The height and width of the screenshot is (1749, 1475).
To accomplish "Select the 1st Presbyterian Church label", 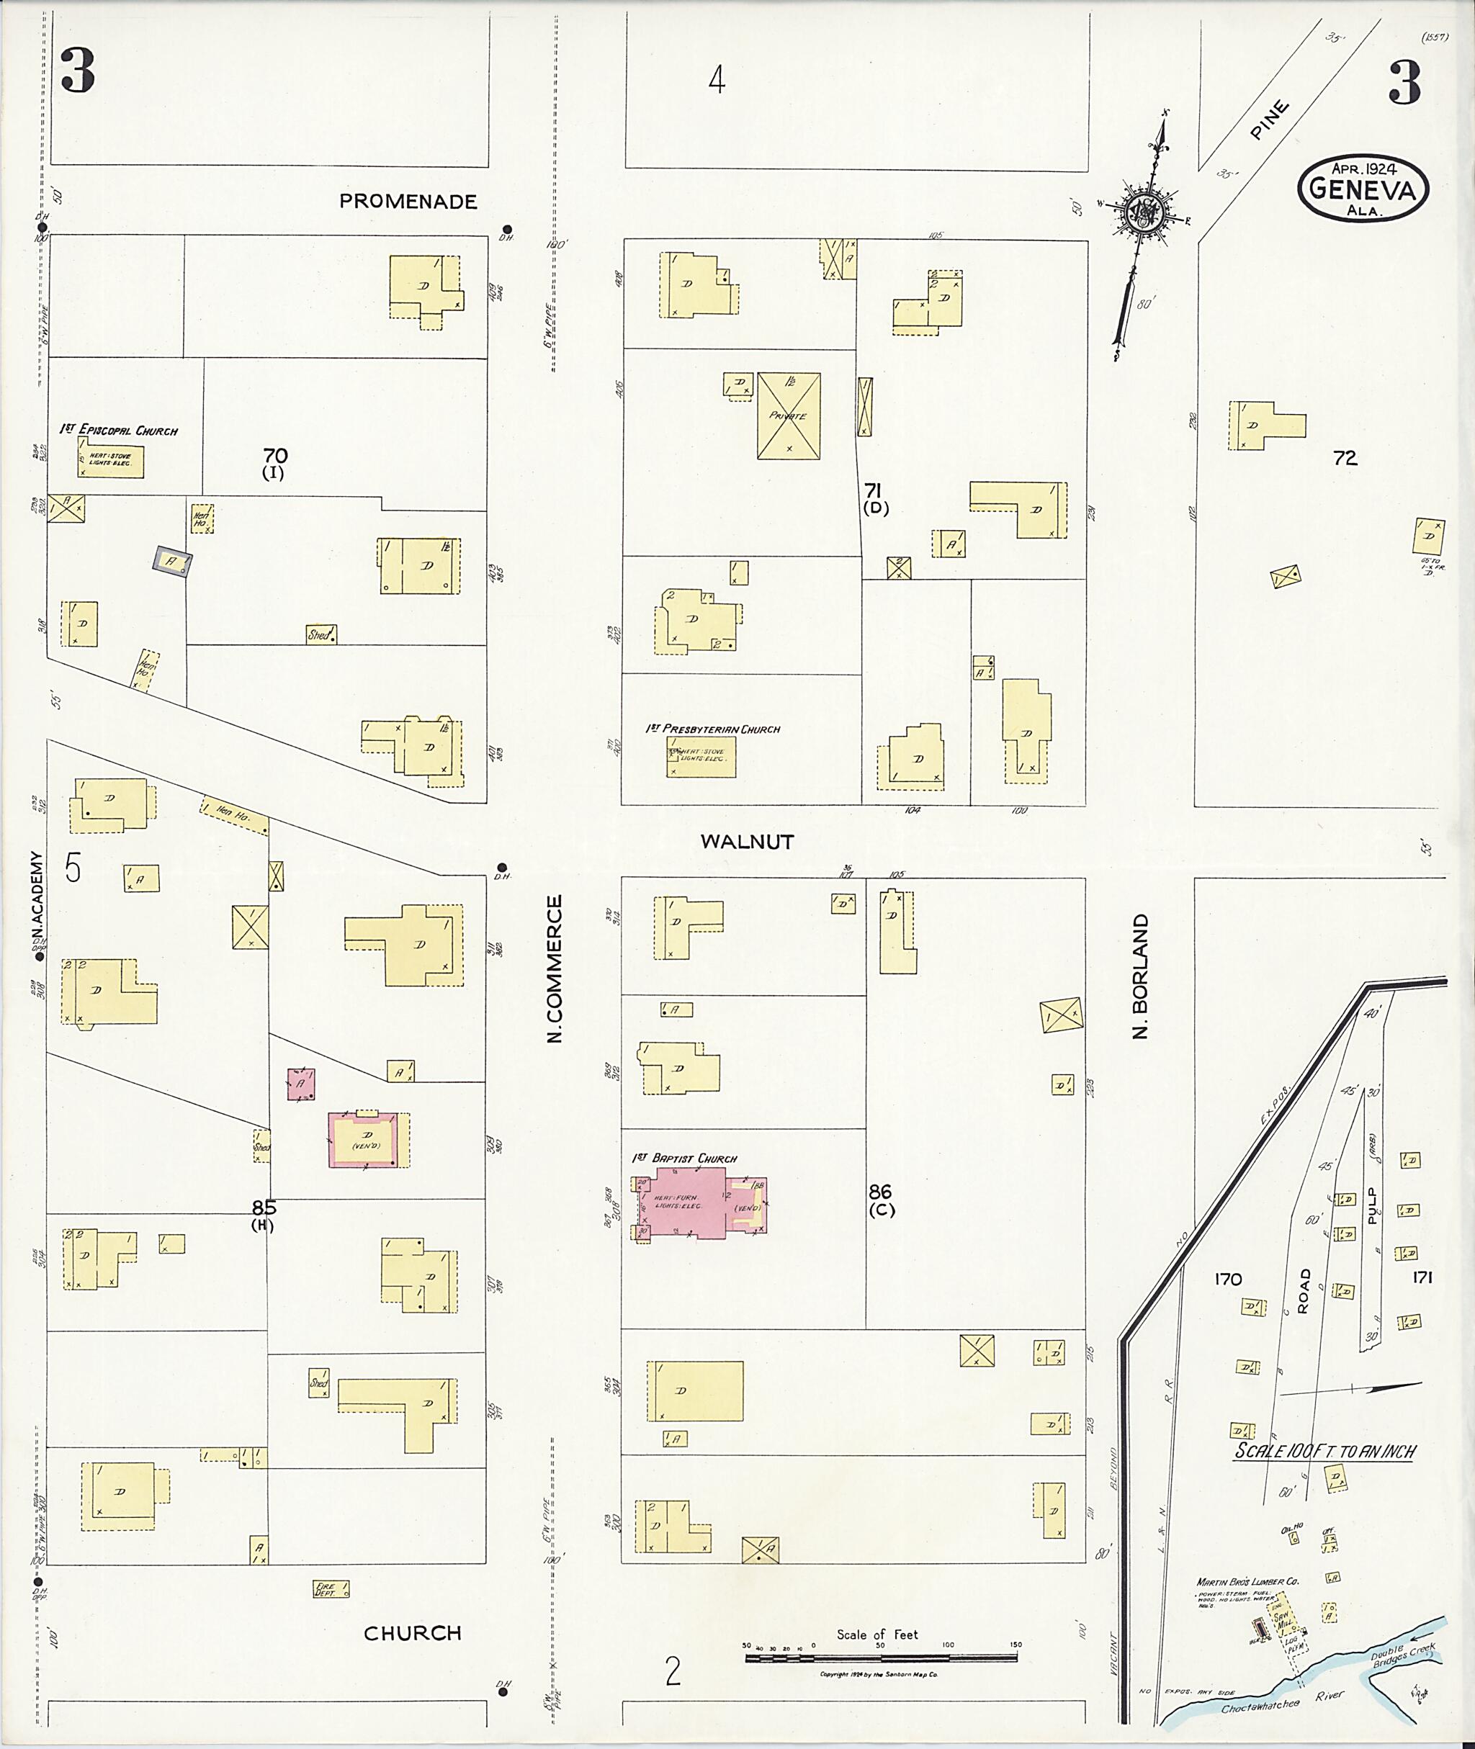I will pos(712,729).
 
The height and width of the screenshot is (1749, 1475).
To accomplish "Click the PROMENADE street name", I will pos(408,202).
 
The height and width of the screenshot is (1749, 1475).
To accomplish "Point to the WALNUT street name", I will pos(747,842).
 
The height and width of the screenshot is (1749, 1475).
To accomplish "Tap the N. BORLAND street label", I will pos(1141,976).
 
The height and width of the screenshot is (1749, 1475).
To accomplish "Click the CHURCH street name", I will pos(412,1633).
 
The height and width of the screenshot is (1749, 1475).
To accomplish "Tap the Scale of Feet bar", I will pos(882,1655).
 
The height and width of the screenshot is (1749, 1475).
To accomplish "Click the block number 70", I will pos(275,457).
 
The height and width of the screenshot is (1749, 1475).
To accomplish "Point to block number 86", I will pos(879,1192).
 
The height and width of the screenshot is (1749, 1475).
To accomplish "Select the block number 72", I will pos(1345,458).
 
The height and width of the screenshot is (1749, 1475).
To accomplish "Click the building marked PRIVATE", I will pos(789,415).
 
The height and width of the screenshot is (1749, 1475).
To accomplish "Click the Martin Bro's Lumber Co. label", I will pos(1245,1582).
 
